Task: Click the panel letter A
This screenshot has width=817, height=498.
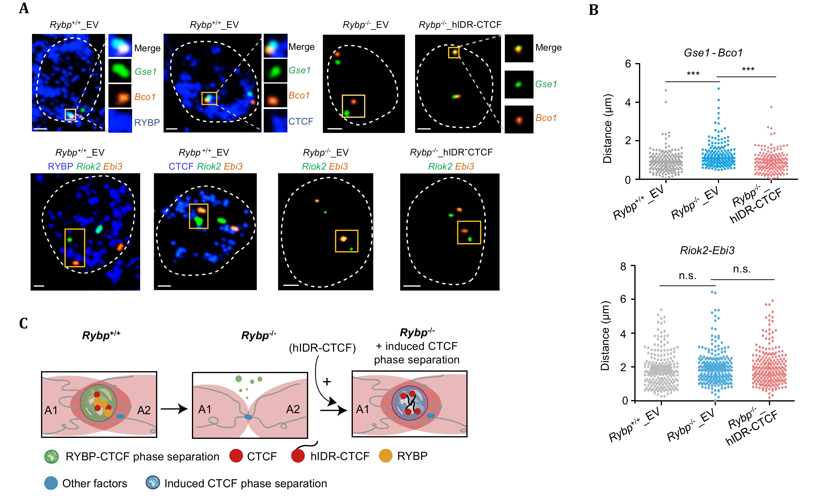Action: (24, 9)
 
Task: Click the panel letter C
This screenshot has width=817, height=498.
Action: (23, 324)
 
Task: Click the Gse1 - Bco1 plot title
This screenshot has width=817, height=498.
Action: (713, 53)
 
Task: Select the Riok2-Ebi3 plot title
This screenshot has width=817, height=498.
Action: (707, 250)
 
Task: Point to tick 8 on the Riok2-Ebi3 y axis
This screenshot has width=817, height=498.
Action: (623, 266)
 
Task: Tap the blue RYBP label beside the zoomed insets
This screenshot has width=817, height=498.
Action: (147, 122)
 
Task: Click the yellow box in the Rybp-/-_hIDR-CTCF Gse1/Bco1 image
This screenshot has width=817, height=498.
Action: (454, 53)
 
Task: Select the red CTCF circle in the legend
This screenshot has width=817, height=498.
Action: (236, 456)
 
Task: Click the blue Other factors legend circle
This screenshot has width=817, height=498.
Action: (51, 483)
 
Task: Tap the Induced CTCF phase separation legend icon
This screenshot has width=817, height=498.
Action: (153, 483)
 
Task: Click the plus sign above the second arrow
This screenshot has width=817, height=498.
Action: (327, 382)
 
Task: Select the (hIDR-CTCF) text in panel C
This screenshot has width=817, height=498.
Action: (322, 348)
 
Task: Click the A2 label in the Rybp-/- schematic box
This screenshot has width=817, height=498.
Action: (293, 409)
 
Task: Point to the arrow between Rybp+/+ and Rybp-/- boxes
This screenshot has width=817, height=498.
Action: (174, 409)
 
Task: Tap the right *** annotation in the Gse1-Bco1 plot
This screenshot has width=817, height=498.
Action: (748, 70)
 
